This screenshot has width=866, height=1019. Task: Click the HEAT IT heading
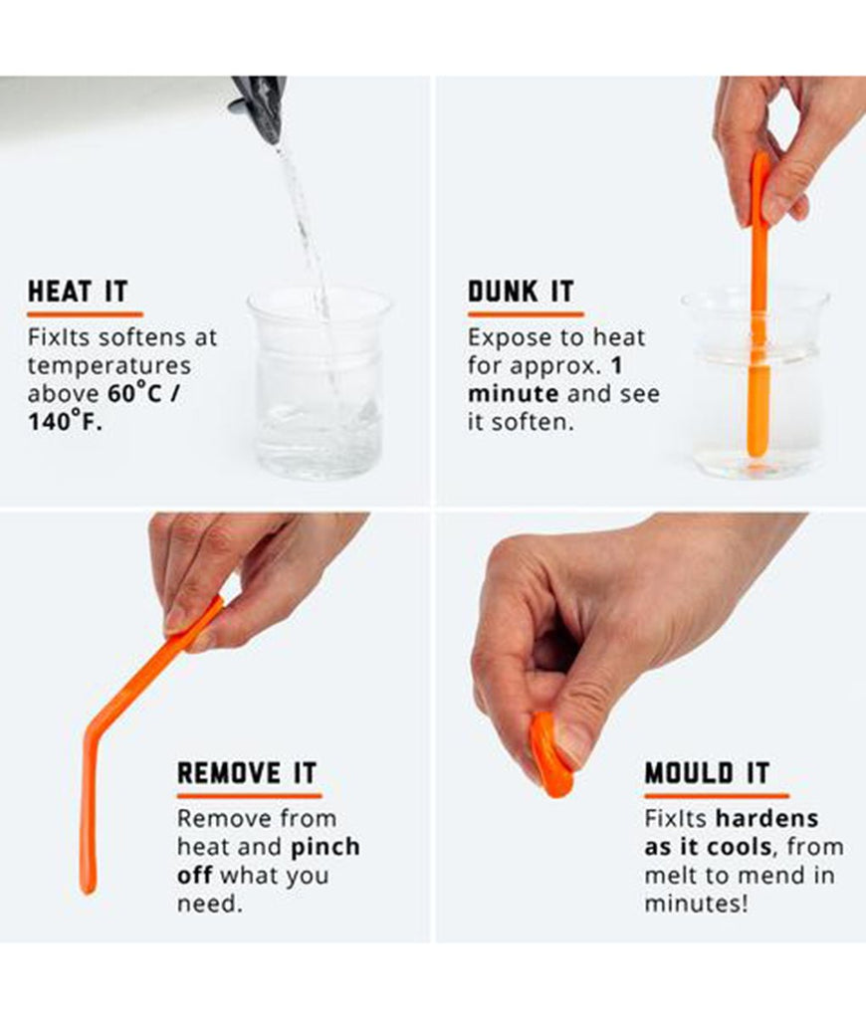(78, 292)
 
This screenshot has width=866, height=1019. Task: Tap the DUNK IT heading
(521, 292)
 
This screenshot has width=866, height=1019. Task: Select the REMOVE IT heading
(247, 772)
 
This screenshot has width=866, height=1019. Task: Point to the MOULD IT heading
(707, 772)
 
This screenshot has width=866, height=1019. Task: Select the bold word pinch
(325, 847)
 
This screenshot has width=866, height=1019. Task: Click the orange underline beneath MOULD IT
(716, 795)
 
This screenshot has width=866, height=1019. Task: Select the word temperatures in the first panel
(109, 365)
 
